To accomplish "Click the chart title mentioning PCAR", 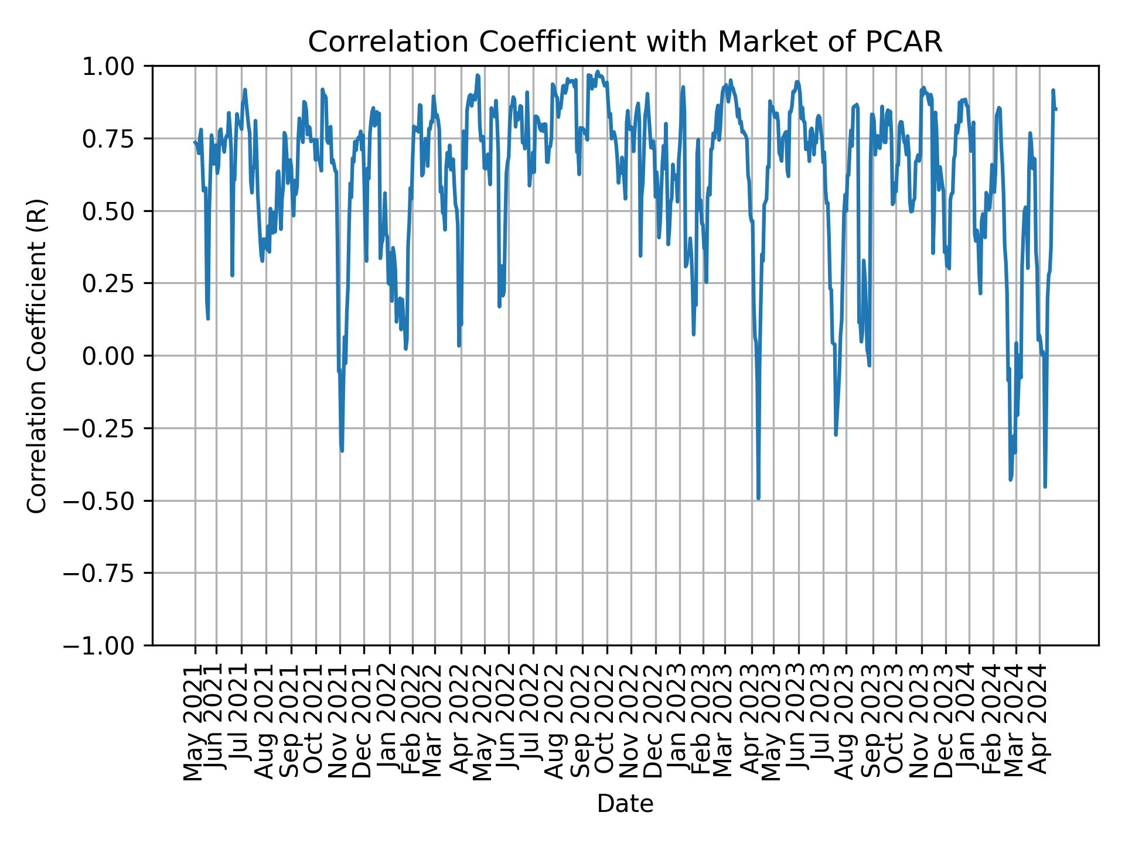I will (625, 42).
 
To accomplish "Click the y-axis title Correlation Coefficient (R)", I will (37, 355).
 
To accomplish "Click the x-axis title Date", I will (625, 804).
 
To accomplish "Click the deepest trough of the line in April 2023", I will (758, 498).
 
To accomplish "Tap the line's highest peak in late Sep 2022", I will (598, 71).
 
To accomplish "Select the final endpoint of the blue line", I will (1056, 109).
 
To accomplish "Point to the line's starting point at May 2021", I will (195, 141).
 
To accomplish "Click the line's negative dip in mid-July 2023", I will (836, 434).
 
